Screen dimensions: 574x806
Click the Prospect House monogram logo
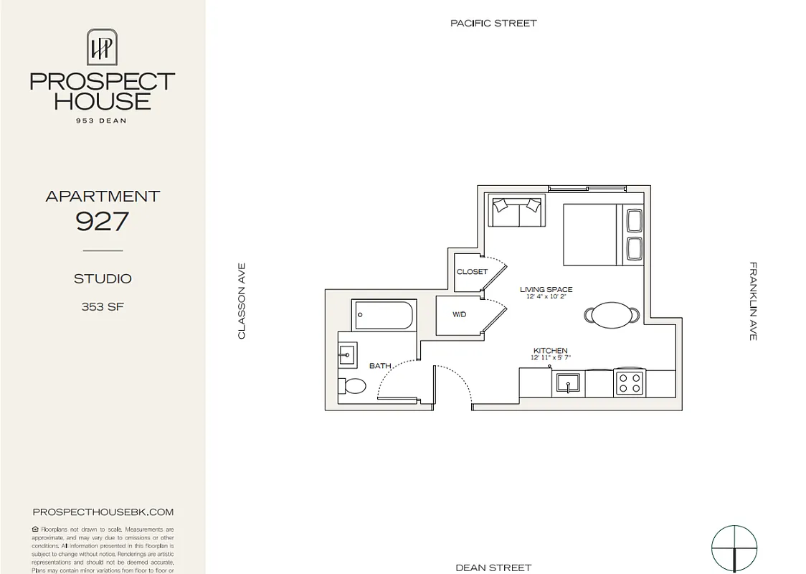[x=102, y=47]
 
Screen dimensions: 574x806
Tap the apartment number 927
[x=102, y=222]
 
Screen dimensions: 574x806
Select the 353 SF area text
[x=103, y=307]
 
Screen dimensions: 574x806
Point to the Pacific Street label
[x=493, y=23]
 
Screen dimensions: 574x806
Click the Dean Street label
[x=493, y=568]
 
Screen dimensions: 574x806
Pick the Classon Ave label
[x=242, y=300]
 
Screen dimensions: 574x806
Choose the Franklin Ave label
[x=753, y=301]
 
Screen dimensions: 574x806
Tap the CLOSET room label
[x=472, y=272]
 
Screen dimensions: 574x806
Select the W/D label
[x=460, y=315]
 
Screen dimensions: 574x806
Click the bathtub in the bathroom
[x=383, y=315]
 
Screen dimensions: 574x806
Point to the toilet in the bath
[x=352, y=386]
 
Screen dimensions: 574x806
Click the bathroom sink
[x=347, y=354]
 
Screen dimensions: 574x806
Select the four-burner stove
[x=630, y=382]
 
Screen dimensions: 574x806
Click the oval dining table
[x=612, y=314]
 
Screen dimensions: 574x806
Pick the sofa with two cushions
[x=516, y=211]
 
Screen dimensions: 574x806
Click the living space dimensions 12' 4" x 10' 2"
[x=546, y=297]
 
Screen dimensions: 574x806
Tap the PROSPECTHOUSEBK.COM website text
[x=103, y=512]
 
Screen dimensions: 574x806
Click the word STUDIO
[x=103, y=278]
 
